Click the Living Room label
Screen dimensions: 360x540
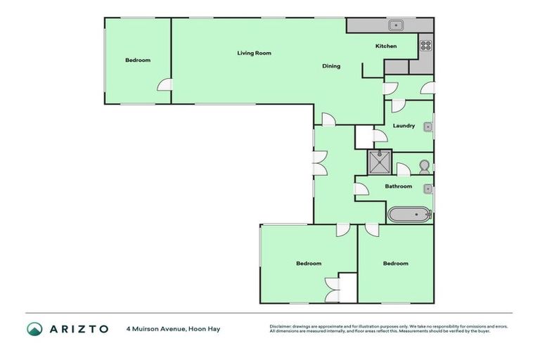tap(254, 53)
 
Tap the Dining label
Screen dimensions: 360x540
tap(331, 66)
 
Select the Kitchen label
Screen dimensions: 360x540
tap(386, 46)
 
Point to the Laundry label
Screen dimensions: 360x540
tap(404, 126)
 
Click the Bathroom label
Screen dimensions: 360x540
tap(398, 186)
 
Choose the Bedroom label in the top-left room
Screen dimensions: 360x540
tap(138, 60)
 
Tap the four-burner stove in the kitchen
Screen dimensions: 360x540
tap(425, 45)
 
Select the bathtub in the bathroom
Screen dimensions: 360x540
tap(409, 214)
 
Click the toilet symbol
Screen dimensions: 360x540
tap(424, 167)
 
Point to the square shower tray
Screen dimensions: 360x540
tap(380, 162)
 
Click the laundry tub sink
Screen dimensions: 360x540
tap(427, 127)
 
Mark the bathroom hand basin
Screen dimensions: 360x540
tap(427, 188)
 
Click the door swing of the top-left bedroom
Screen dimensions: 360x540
tap(165, 84)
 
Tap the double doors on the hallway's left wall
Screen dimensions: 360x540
tap(320, 164)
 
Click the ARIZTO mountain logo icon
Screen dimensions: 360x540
tap(34, 328)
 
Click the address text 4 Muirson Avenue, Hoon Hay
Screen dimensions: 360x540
tap(173, 328)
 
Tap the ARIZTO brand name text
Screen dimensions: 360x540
tap(78, 328)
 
